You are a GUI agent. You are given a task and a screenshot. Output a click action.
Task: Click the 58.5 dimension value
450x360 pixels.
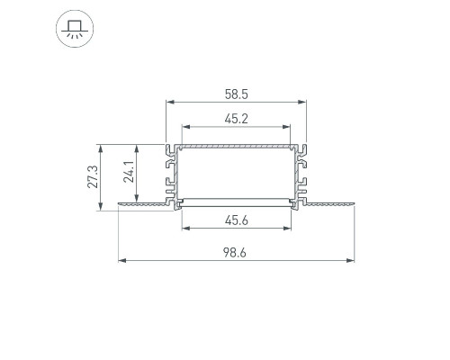(237, 94)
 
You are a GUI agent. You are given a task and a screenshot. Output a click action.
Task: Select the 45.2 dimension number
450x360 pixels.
(237, 119)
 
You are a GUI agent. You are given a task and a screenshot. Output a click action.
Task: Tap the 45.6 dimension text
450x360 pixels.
(237, 220)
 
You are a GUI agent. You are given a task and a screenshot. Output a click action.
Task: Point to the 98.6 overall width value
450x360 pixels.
(235, 253)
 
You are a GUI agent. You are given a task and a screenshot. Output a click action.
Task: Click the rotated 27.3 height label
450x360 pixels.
(93, 177)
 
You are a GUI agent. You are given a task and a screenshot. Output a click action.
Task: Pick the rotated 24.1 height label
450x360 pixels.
(129, 172)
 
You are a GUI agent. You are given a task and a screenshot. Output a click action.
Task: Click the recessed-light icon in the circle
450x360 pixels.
(75, 29)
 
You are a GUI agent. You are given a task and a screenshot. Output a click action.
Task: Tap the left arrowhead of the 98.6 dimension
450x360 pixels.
(121, 260)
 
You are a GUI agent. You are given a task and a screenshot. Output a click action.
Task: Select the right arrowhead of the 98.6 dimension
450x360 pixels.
(350, 260)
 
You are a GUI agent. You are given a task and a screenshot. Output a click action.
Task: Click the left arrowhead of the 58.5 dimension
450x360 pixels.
(170, 102)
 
